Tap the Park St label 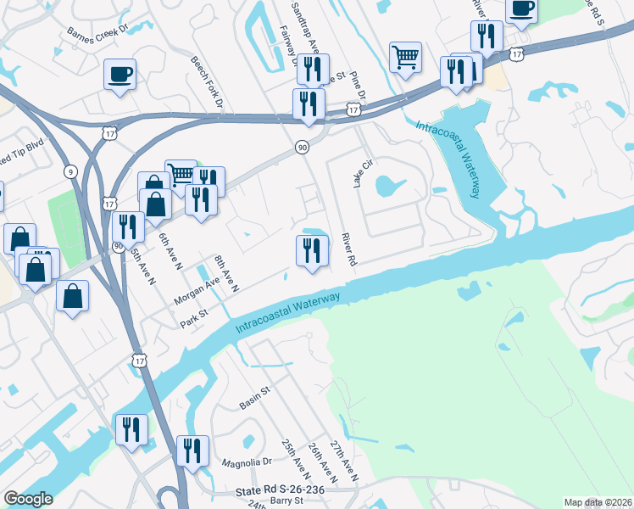pos(194,322)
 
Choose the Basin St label pos(253,390)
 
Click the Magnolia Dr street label pos(246,462)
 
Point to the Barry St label pos(286,502)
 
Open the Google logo pos(28,499)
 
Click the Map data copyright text pos(598,502)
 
